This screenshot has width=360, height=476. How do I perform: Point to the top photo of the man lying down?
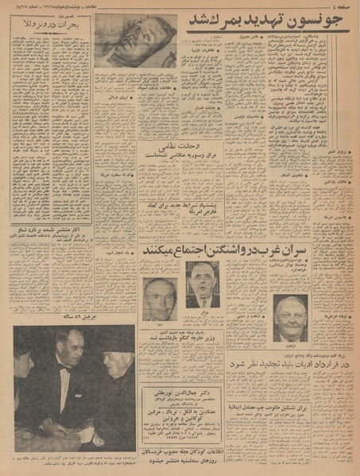click(134, 39)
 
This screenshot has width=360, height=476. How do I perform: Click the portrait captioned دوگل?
click(203, 284)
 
